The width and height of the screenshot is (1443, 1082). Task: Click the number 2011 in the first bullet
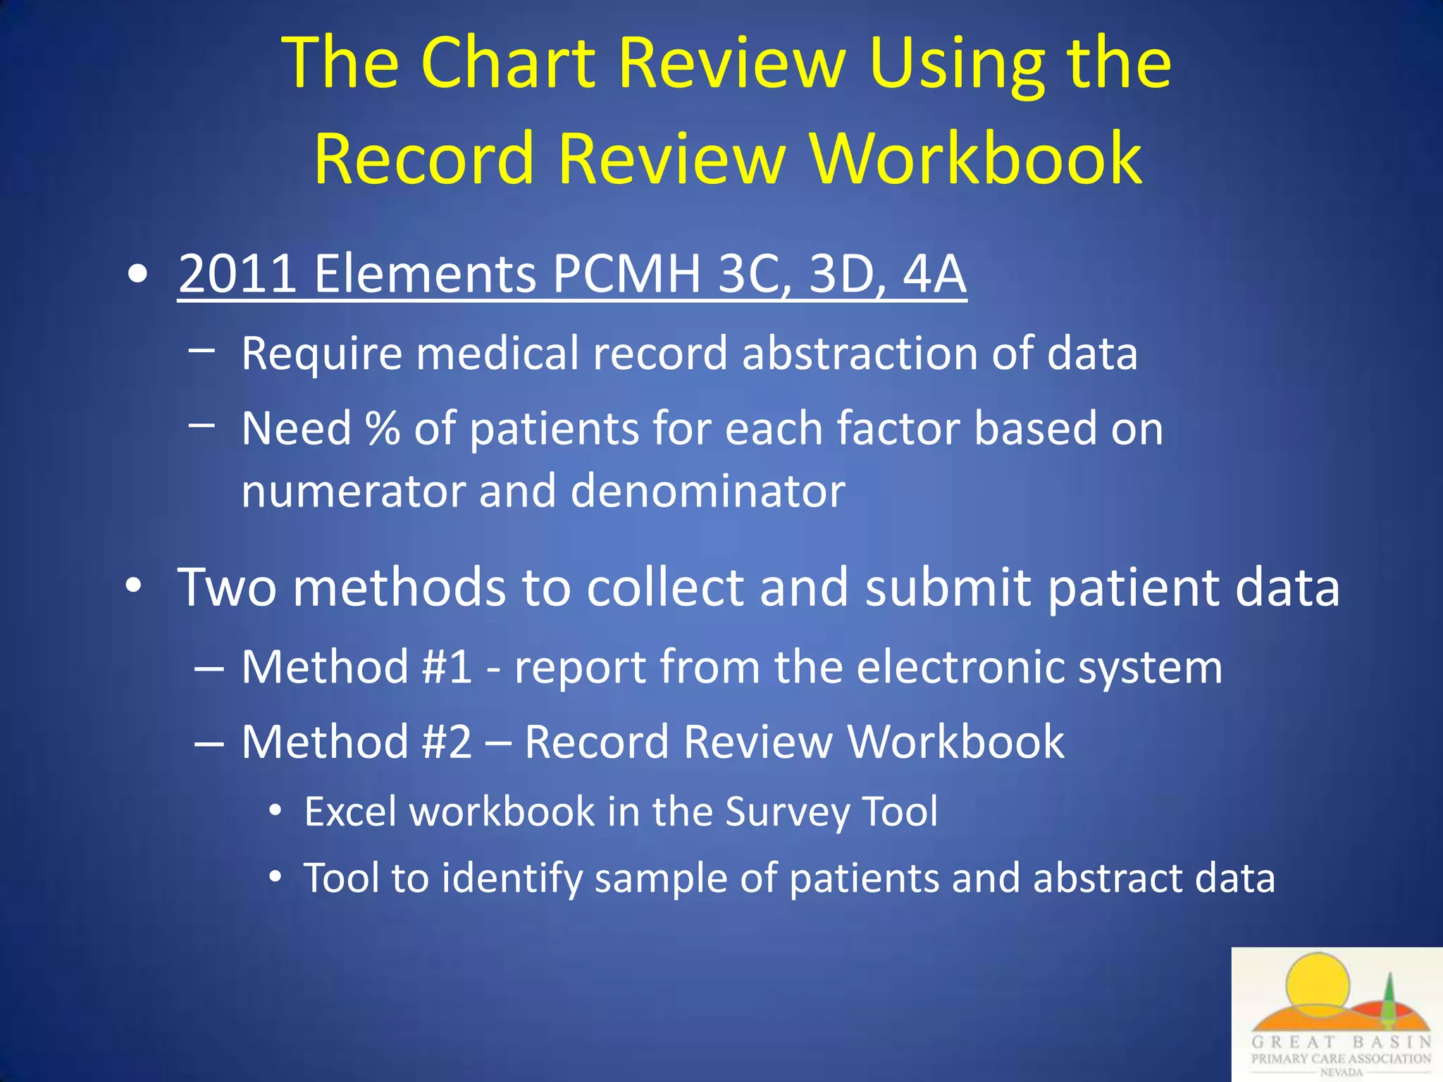coord(237,273)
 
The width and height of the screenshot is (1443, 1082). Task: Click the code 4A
coord(934,273)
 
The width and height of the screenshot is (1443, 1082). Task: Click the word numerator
coord(352,491)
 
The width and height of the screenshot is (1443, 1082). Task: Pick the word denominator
coord(707,491)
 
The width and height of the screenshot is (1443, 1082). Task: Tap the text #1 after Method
coord(447,666)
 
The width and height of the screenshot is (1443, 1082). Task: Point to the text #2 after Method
coord(447,742)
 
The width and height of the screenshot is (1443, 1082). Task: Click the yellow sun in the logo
coord(1316,983)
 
